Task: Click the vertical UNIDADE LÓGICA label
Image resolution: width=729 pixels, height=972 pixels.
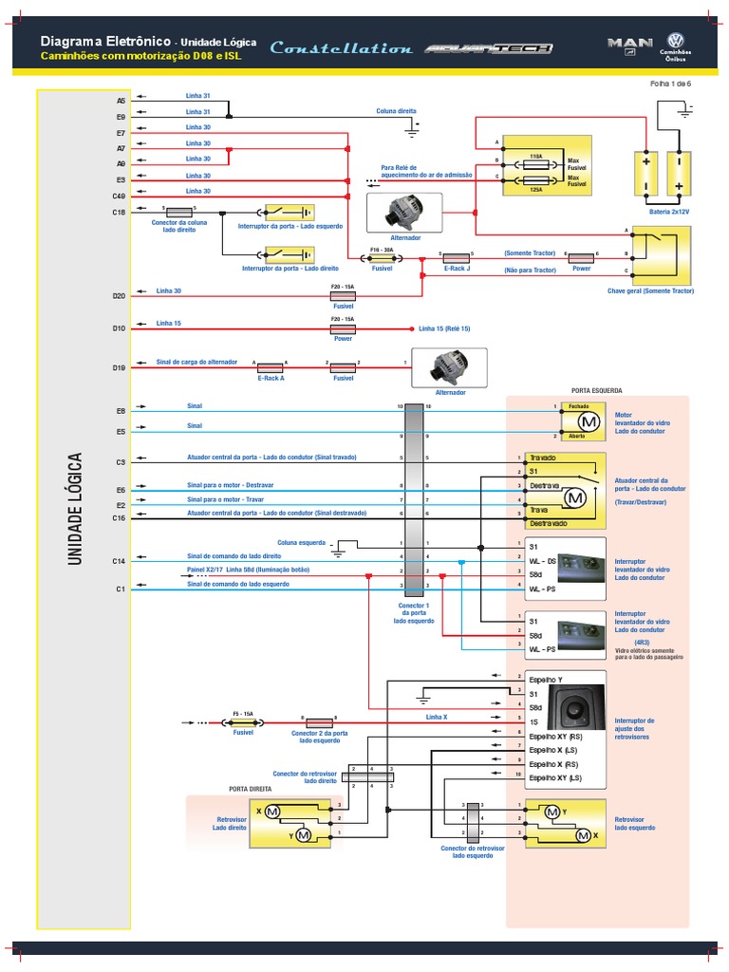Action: (x=76, y=509)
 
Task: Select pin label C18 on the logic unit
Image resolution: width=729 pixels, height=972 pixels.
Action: (x=119, y=212)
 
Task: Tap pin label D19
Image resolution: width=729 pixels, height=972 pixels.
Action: (x=119, y=367)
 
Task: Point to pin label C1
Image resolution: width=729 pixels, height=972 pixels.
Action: (x=120, y=589)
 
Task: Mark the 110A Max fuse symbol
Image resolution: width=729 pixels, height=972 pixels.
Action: (x=535, y=161)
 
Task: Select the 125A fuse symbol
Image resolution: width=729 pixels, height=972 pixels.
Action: (x=535, y=179)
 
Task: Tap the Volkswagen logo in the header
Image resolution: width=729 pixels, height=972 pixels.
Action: (x=676, y=40)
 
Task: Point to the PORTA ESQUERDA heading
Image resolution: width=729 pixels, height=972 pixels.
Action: (x=596, y=390)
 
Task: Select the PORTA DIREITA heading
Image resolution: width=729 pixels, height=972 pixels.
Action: (x=250, y=788)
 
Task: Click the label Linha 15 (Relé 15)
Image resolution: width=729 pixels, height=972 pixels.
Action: (x=443, y=328)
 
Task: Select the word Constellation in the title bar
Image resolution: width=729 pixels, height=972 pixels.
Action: (x=341, y=48)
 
